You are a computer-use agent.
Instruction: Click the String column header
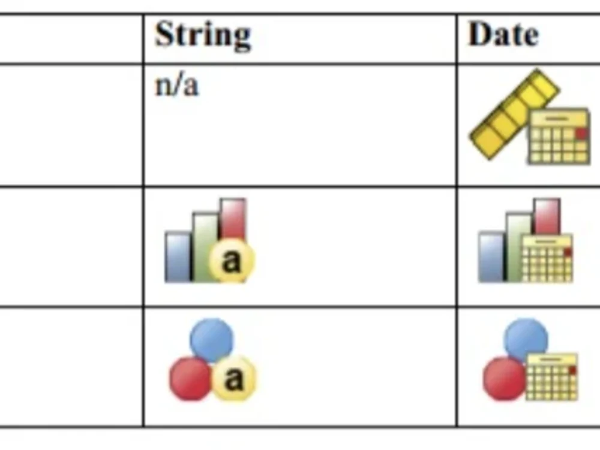[203, 35]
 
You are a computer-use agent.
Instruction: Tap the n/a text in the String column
[177, 86]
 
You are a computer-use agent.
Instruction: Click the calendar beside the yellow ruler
[559, 137]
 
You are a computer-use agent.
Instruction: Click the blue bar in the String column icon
[178, 257]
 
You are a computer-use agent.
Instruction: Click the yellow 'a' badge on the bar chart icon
[232, 261]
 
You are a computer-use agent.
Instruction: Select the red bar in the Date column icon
[547, 216]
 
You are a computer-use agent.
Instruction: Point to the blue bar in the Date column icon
[491, 257]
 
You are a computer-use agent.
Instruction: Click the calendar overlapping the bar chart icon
[547, 258]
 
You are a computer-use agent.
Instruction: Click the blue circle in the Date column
[526, 338]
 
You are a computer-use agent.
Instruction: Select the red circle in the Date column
[505, 378]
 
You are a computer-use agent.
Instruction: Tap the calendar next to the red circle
[552, 377]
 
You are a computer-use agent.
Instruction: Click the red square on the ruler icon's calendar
[582, 134]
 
